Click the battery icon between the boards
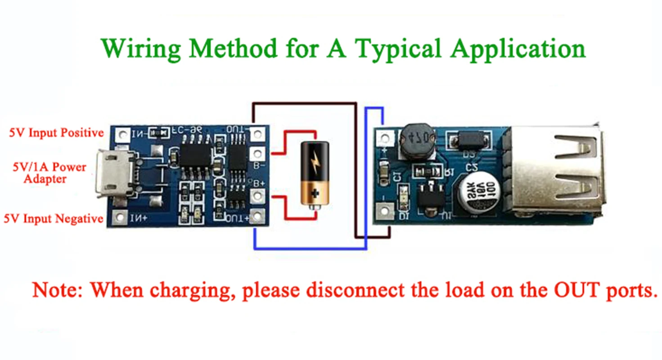click(315, 173)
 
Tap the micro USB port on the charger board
click(115, 175)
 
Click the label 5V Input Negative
click(54, 219)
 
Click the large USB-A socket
click(553, 171)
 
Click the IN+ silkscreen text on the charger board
click(137, 219)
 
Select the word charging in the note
click(194, 291)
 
